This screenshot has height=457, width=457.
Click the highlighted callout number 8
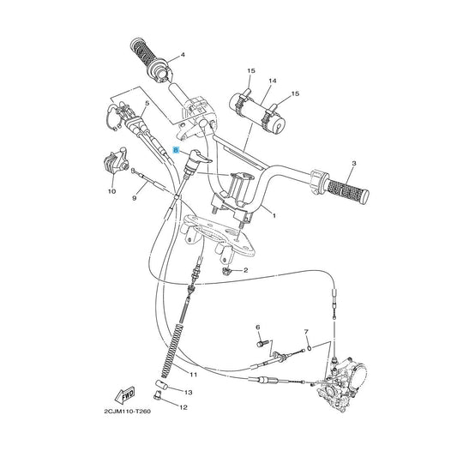(x=176, y=150)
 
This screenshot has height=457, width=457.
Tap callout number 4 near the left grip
(x=183, y=55)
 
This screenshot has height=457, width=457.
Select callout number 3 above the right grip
(x=354, y=163)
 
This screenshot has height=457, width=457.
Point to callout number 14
(x=273, y=81)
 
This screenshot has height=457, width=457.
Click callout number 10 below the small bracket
(x=112, y=191)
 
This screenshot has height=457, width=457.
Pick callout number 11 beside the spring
(x=194, y=375)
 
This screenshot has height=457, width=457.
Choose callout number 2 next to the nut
(x=245, y=270)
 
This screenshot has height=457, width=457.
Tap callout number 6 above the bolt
(x=257, y=328)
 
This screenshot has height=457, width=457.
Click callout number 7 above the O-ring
(x=306, y=332)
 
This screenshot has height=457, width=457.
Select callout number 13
(x=189, y=393)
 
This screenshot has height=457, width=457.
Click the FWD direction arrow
(x=125, y=395)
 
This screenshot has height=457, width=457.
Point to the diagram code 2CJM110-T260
(x=128, y=412)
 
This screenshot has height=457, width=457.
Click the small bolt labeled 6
(x=261, y=343)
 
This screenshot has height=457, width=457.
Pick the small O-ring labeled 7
(x=310, y=347)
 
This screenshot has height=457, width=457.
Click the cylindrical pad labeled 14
(x=257, y=112)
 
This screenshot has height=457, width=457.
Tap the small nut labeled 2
(x=226, y=271)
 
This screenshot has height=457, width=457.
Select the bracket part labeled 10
(x=115, y=162)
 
